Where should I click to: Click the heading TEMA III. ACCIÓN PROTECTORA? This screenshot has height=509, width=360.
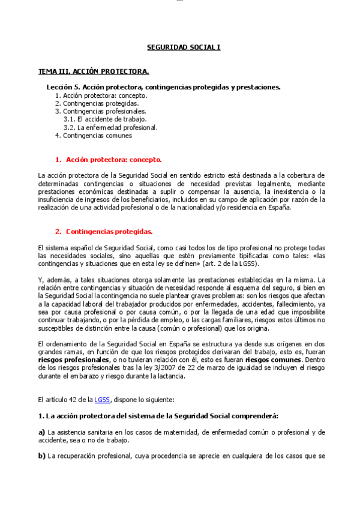click(94, 71)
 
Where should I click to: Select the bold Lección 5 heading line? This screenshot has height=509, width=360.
click(163, 87)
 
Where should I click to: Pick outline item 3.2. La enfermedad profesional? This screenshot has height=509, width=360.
click(110, 127)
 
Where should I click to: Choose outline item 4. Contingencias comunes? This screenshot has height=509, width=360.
click(93, 135)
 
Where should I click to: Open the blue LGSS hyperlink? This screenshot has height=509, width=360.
click(102, 399)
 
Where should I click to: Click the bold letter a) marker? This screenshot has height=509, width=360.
click(41, 432)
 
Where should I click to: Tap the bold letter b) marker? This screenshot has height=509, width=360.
click(41, 456)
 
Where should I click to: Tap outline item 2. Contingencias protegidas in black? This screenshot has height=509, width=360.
click(97, 103)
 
